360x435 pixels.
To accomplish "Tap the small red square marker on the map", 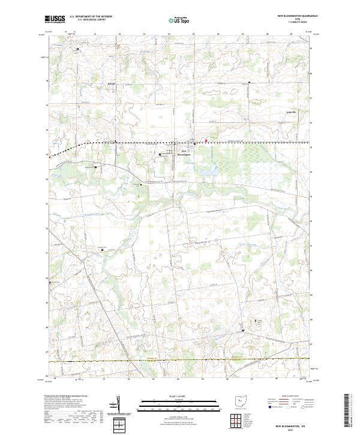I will click(x=206, y=142).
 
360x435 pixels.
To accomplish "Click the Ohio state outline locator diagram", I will click(x=242, y=401).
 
